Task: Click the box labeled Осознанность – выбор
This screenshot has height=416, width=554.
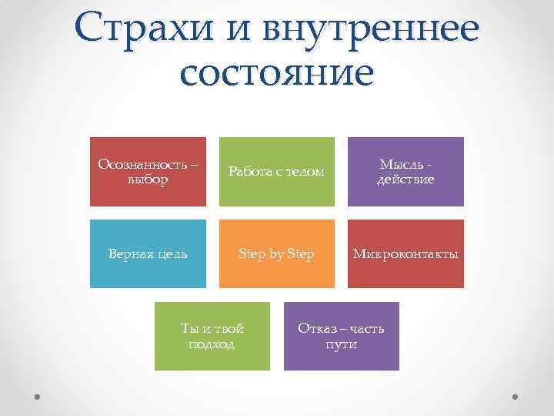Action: tap(148, 172)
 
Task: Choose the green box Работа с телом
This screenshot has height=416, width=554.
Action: tap(277, 172)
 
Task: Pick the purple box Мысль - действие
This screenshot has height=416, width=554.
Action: tap(405, 172)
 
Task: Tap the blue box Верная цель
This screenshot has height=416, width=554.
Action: tap(148, 253)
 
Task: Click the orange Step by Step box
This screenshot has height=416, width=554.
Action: tap(277, 253)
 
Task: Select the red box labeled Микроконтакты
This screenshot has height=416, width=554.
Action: tap(405, 253)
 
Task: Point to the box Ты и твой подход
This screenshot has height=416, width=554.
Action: tap(212, 336)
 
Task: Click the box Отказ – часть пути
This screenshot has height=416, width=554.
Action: tap(341, 336)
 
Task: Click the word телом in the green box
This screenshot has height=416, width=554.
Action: tap(305, 172)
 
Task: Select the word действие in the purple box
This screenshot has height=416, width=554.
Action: tap(405, 179)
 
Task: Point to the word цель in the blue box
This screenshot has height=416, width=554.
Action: tap(169, 253)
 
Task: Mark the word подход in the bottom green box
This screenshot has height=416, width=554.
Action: tap(212, 344)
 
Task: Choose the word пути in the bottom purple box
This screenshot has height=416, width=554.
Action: tap(341, 344)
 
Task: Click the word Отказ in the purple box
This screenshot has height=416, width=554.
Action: tap(315, 328)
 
